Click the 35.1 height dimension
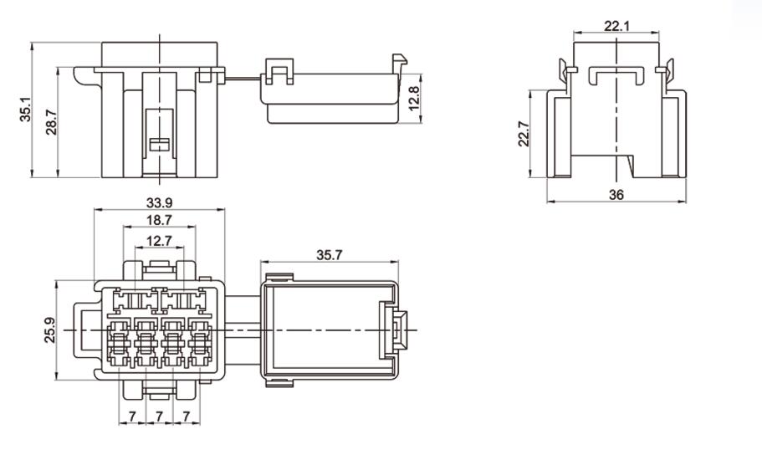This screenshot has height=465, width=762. [25, 109]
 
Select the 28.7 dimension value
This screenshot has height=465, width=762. [51, 123]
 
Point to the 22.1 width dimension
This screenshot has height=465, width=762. [616, 26]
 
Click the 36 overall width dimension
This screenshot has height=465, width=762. [616, 194]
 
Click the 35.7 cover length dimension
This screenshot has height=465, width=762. [330, 255]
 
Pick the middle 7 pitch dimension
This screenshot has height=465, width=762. [159, 416]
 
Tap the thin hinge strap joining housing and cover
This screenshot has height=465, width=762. [243, 80]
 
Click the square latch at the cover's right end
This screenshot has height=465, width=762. [397, 329]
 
